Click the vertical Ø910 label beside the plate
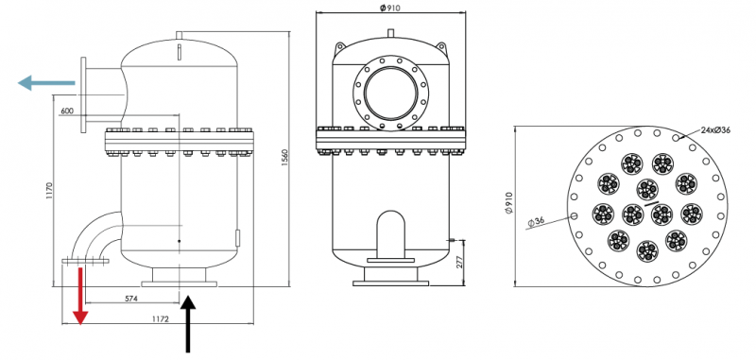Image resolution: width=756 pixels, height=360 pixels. click(508, 204)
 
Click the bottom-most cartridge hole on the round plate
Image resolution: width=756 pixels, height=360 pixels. click(646, 250)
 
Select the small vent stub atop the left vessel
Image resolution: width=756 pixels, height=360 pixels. click(179, 38)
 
